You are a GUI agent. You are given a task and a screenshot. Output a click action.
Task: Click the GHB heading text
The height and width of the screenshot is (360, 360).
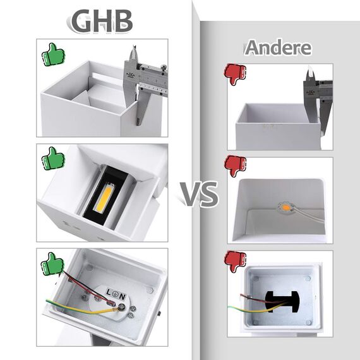coord(102,21)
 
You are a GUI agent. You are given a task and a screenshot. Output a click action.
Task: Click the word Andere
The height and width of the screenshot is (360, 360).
coord(279,47)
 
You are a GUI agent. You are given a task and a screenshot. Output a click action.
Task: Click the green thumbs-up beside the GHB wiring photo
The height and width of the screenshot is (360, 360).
coord(53,263)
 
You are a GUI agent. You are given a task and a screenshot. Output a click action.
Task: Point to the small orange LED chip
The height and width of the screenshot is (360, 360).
coord(285,207)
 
